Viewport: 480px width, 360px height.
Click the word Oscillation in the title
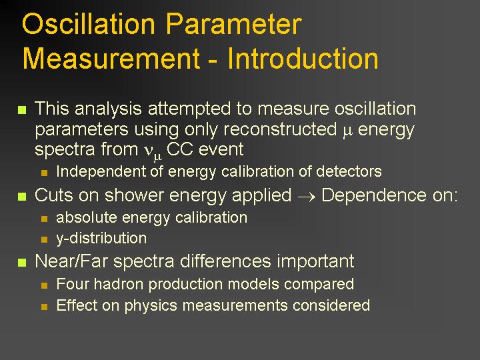89,24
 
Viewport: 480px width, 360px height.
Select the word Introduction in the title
303,59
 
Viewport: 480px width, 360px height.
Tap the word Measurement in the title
111,59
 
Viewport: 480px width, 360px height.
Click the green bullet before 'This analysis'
22,109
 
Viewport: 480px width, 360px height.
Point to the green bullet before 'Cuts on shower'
22,196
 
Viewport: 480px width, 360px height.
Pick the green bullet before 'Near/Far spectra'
22,263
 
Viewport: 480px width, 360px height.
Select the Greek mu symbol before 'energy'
347,131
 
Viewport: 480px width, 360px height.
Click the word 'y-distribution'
101,239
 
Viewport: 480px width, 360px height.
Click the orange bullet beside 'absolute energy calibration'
45,219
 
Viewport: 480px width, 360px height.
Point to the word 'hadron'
119,284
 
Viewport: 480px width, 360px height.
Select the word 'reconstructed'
280,129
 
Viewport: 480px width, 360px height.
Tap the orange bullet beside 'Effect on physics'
45,307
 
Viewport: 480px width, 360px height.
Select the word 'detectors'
349,171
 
